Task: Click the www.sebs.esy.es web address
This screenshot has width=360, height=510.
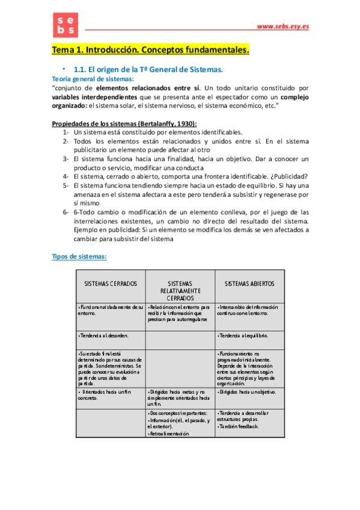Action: pos(282,26)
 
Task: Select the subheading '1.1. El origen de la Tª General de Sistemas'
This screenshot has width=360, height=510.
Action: pos(148,70)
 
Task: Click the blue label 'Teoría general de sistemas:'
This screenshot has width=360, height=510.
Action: pos(93,79)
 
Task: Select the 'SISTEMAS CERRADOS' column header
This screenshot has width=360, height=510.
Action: pos(111,283)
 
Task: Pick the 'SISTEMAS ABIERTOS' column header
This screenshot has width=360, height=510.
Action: pos(249,283)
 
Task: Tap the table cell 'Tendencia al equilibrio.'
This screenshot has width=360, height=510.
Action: pos(244,335)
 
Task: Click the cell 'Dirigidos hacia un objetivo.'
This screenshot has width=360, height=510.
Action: pos(248,392)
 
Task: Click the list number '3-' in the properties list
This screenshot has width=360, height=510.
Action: pos(66,159)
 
